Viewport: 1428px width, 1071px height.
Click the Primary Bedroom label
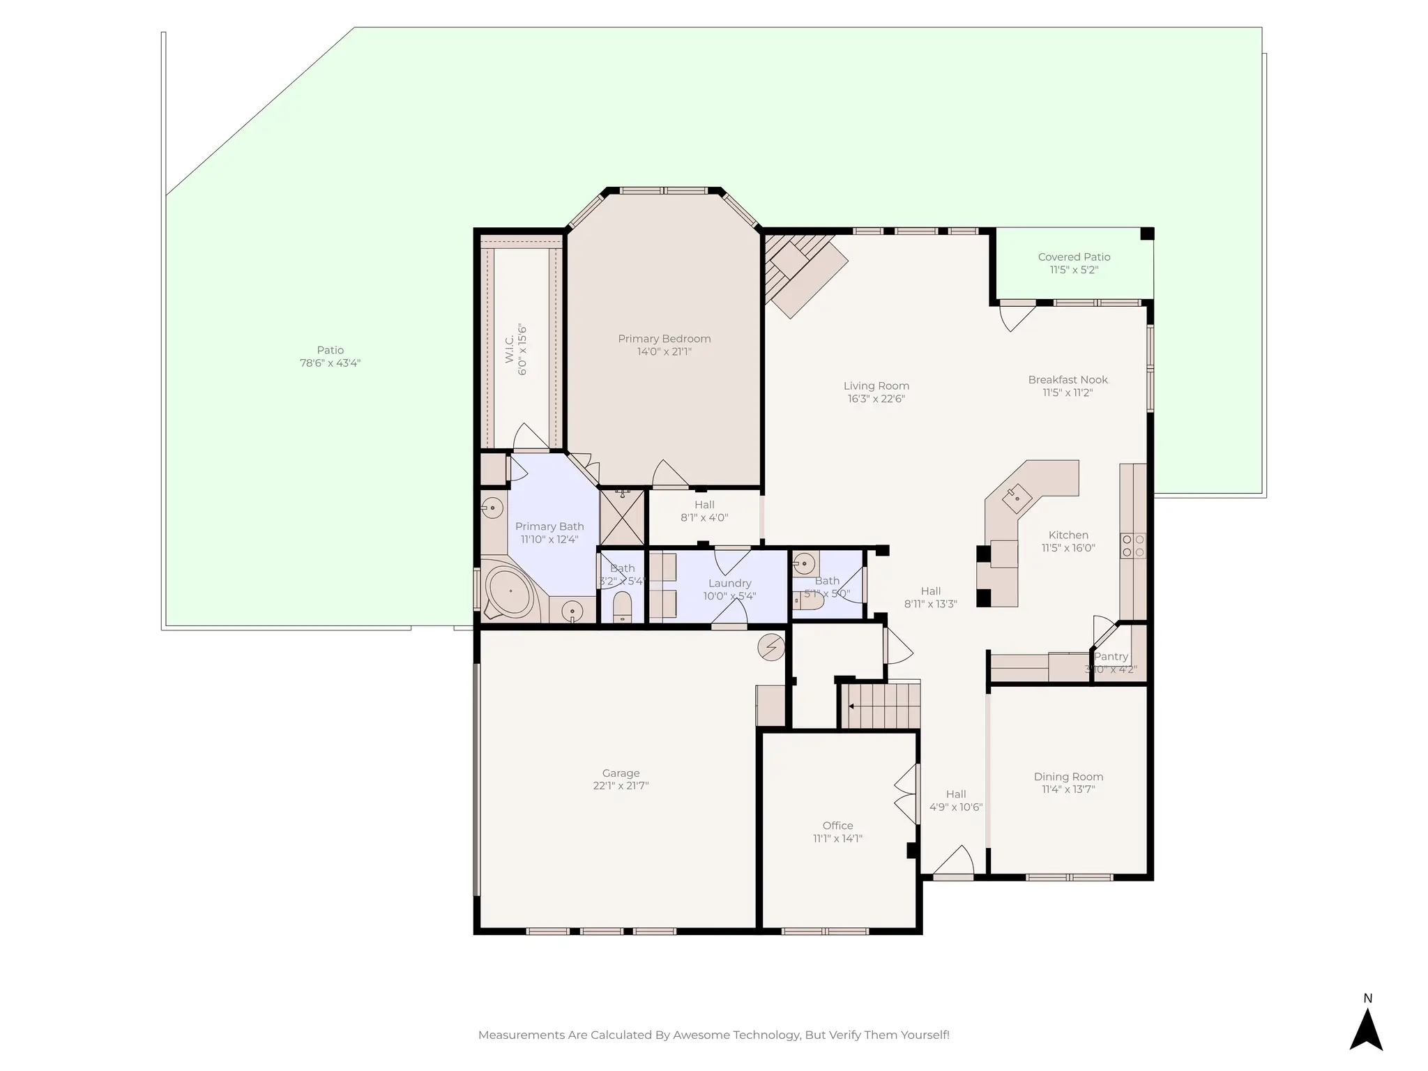tap(664, 339)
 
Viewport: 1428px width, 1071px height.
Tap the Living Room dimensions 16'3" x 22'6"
tap(876, 399)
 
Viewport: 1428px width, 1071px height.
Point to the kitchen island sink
tap(1017, 496)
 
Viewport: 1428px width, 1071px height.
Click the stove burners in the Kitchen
tap(1132, 546)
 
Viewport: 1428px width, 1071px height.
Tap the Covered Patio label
tap(1074, 257)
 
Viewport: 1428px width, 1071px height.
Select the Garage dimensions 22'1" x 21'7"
tap(621, 786)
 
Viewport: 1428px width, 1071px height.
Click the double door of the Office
tap(906, 795)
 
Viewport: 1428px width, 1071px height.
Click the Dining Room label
tap(1068, 777)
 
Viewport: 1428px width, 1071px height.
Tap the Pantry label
tap(1111, 656)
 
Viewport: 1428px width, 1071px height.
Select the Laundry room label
tap(729, 583)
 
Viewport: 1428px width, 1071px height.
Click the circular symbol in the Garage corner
tap(771, 647)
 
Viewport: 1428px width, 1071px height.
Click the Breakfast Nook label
tap(1068, 380)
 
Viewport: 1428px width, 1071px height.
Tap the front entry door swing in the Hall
tap(954, 862)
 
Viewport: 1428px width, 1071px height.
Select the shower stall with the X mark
tap(622, 518)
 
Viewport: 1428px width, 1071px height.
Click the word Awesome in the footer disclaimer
tap(700, 1035)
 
